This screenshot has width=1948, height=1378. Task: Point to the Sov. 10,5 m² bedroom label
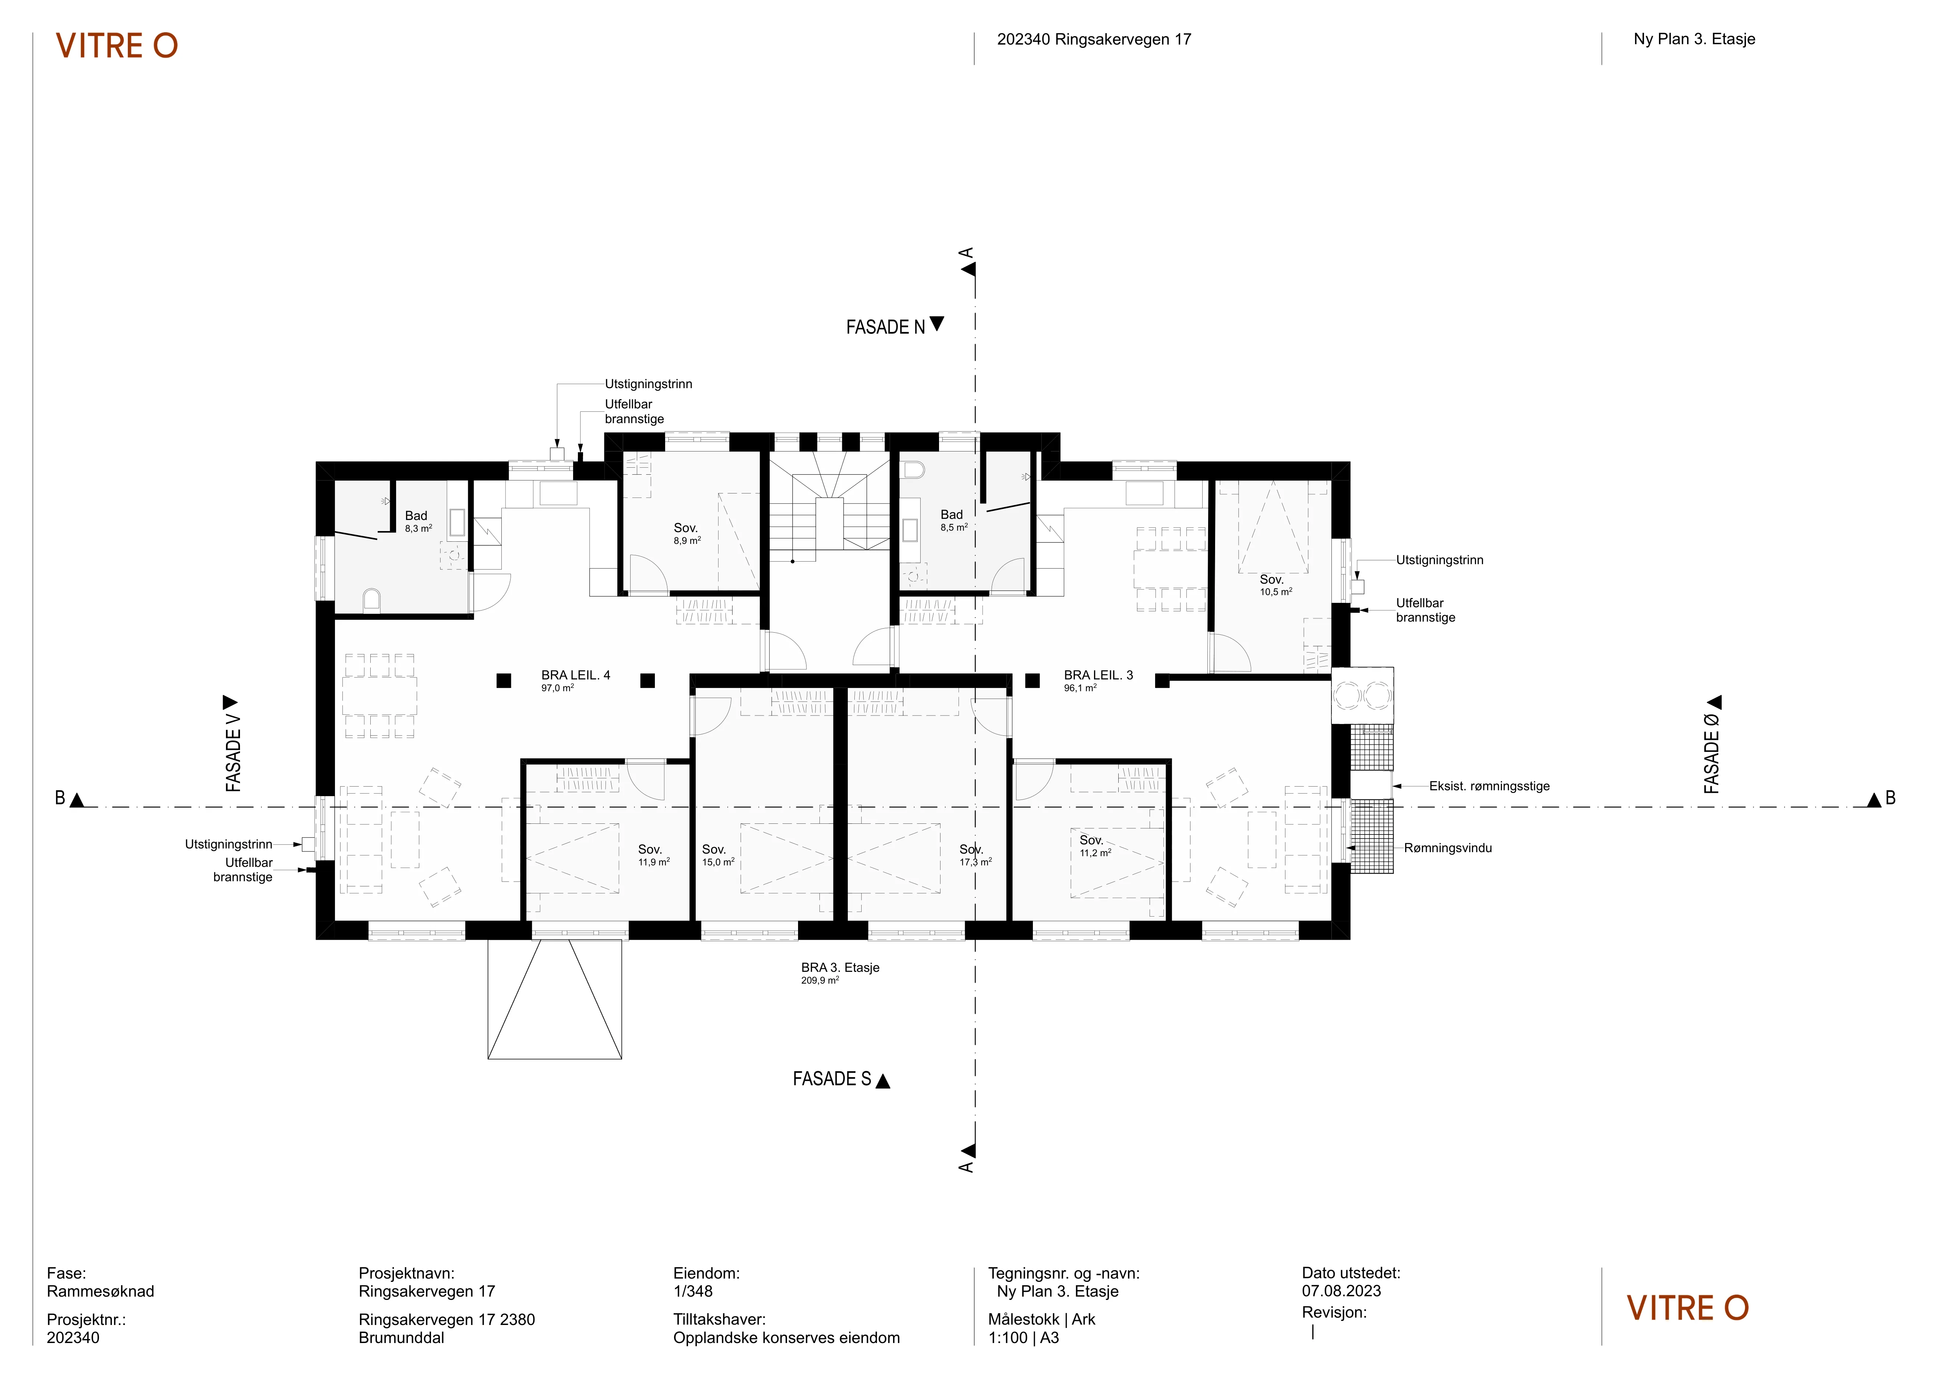coord(1275,586)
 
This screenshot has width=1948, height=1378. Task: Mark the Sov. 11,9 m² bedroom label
coord(653,855)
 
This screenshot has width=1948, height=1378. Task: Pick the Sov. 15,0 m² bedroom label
coord(718,855)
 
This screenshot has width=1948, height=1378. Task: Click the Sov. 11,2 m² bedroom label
coord(1094,846)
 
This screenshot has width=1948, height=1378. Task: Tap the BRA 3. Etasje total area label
coord(840,973)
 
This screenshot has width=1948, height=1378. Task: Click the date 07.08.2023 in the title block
coord(1341,1291)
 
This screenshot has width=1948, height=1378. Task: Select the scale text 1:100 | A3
coord(1023,1338)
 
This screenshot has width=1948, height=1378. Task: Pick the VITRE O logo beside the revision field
coord(1687,1308)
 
